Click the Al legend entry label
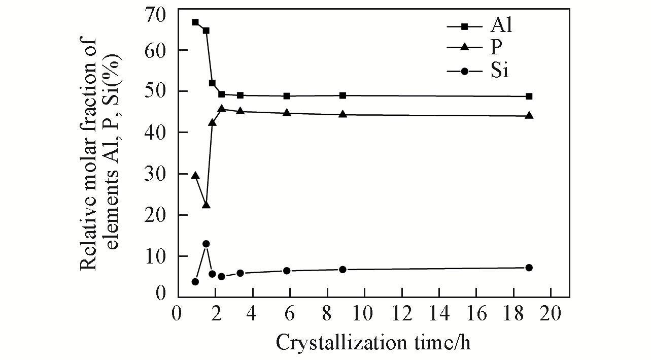tap(501, 25)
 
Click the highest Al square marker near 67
tap(195, 22)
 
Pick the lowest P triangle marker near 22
tap(206, 205)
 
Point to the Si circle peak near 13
tap(206, 244)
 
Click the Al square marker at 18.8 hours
tap(529, 96)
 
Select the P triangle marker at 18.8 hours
tap(529, 115)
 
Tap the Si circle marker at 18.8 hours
tap(529, 268)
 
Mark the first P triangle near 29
tap(195, 175)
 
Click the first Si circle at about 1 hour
tap(195, 282)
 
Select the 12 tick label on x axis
tap(401, 313)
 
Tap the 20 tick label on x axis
tap(551, 313)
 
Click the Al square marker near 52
tap(212, 83)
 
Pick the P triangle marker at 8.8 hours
tap(342, 114)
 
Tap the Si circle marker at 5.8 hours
tap(287, 271)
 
